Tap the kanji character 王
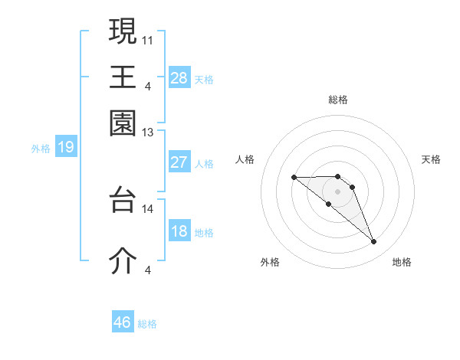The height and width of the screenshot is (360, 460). pos(123,77)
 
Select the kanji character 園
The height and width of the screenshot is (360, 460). pos(123,123)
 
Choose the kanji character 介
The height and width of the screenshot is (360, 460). pos(123,260)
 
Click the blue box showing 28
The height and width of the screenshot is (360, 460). pos(179,78)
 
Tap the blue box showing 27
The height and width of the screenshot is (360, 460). pos(179,162)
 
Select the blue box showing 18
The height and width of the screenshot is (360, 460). pos(179,231)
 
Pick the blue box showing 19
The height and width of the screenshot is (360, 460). pos(66,148)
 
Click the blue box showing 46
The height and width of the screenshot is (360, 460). pos(123,322)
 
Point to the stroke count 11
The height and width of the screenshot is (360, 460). pos(148,38)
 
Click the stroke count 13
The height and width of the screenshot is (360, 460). pos(148,133)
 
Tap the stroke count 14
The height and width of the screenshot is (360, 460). pos(148,208)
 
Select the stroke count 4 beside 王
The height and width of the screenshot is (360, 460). pos(148,84)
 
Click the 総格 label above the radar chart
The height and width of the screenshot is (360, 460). pos(338,100)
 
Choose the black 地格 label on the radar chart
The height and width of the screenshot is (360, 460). pos(402,262)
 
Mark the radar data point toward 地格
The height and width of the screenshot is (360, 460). pos(374,242)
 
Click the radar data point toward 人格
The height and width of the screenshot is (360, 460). pos(294,178)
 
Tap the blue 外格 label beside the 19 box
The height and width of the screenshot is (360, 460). pos(41,149)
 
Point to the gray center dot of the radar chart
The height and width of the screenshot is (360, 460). pos(338,191)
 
